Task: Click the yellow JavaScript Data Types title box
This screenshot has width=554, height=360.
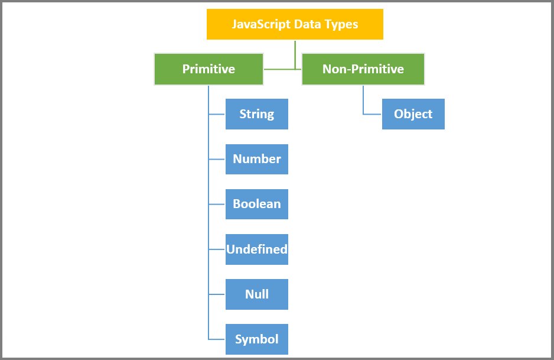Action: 295,24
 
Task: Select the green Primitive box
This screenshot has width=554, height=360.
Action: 208,69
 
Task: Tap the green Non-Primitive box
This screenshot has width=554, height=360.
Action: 363,69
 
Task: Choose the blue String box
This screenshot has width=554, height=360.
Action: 256,114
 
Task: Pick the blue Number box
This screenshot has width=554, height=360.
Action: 256,159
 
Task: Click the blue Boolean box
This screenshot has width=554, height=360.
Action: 256,204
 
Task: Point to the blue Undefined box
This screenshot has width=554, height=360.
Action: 256,249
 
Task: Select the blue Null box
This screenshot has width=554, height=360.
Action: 256,294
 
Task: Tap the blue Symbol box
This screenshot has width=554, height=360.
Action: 256,339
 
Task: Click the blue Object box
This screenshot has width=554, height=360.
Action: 413,114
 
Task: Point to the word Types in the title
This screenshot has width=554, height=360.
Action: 343,25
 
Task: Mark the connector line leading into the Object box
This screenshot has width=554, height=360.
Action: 372,113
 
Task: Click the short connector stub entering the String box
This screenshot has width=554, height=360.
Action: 217,114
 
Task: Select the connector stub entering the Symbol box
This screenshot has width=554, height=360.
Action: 217,339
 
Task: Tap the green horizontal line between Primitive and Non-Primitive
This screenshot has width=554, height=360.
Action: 282,69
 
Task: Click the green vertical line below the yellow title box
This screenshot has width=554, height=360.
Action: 295,53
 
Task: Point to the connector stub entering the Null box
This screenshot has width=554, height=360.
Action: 217,294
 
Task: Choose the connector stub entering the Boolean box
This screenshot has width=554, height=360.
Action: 217,204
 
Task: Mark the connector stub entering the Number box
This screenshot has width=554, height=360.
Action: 217,159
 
